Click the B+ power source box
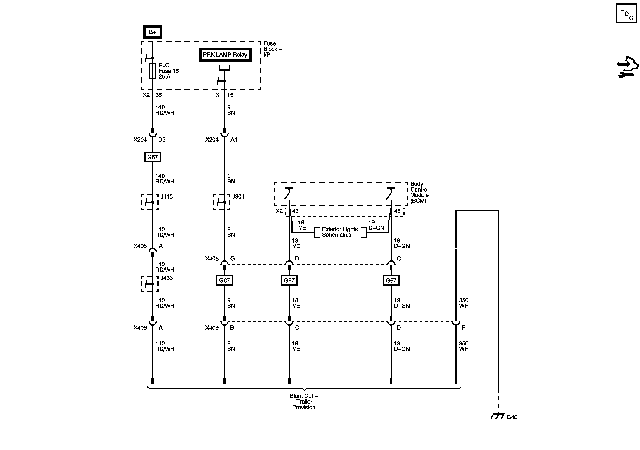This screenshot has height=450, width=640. click(152, 32)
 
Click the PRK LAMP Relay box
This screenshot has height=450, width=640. click(225, 55)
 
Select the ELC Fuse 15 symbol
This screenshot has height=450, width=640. click(152, 71)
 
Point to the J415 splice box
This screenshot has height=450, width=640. click(150, 202)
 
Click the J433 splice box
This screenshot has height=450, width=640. click(150, 283)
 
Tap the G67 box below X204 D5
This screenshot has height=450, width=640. click(152, 157)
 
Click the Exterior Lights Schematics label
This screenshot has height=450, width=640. click(340, 232)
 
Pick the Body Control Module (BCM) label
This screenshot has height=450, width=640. click(419, 192)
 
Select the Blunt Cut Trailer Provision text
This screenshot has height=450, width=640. click(304, 401)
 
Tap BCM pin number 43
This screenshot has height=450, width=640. click(295, 211)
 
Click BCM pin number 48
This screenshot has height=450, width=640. click(397, 211)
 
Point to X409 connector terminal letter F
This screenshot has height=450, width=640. click(463, 328)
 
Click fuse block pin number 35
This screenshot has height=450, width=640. click(159, 95)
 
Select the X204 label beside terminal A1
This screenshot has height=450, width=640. click(212, 139)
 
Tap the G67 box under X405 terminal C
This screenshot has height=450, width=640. click(391, 280)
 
